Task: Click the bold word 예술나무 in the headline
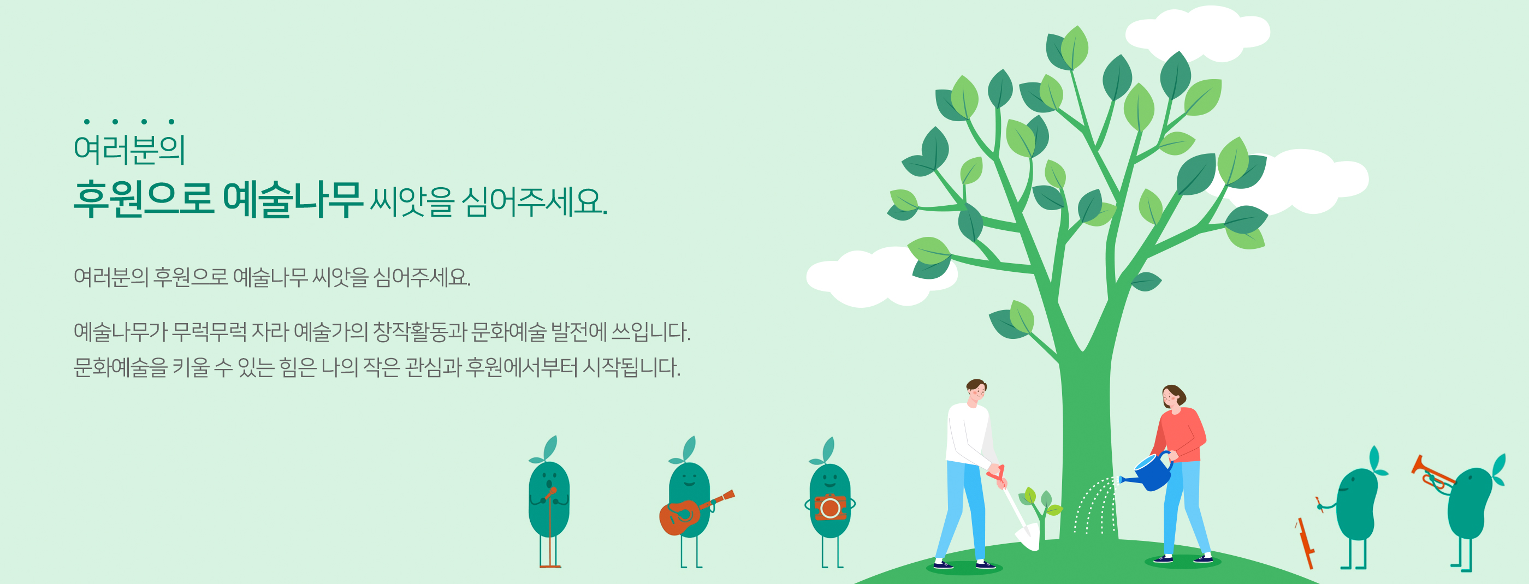click(292, 199)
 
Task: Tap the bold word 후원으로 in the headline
click(143, 199)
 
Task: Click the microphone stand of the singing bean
click(550, 528)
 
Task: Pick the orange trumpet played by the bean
click(1432, 473)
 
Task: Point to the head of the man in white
click(976, 392)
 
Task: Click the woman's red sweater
click(1180, 434)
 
